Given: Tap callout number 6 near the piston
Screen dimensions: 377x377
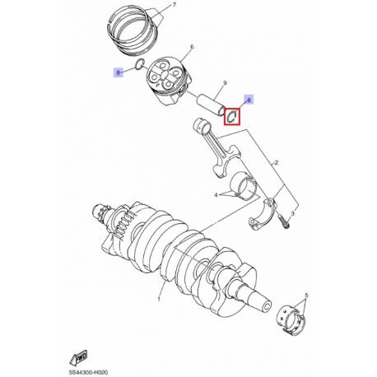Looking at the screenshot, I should point(190,48).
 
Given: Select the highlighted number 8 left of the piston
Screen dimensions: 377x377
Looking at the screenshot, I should point(118,72).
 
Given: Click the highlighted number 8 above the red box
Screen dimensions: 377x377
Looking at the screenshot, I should point(250,99).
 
